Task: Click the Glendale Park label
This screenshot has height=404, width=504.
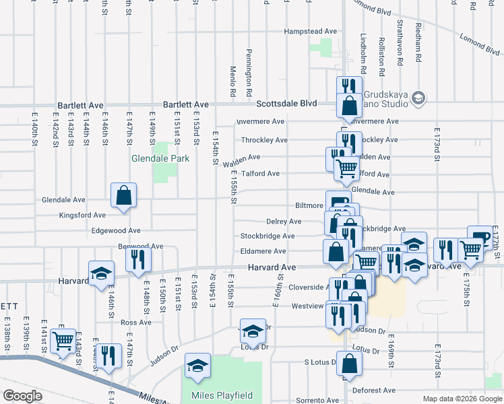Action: coord(160,159)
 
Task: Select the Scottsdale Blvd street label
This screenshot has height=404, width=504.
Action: coord(286,104)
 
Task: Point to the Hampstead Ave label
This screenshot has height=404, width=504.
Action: coord(310,32)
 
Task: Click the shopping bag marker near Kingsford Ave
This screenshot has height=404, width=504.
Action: coord(124,196)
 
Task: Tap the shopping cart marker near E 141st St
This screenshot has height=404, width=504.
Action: coord(63,341)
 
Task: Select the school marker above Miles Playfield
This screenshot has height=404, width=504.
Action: coord(198,366)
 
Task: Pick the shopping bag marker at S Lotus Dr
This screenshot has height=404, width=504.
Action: coord(350,366)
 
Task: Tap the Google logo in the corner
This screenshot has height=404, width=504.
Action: coord(22,396)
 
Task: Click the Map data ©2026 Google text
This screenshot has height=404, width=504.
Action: coord(462,399)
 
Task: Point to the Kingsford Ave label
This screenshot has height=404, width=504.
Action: coord(83,215)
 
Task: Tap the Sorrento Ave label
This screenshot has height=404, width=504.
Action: coord(316,401)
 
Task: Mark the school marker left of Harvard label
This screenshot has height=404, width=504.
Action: coord(101,274)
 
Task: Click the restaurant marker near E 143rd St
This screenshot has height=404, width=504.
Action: coord(108,356)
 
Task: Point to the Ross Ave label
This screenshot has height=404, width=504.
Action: coord(136,323)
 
